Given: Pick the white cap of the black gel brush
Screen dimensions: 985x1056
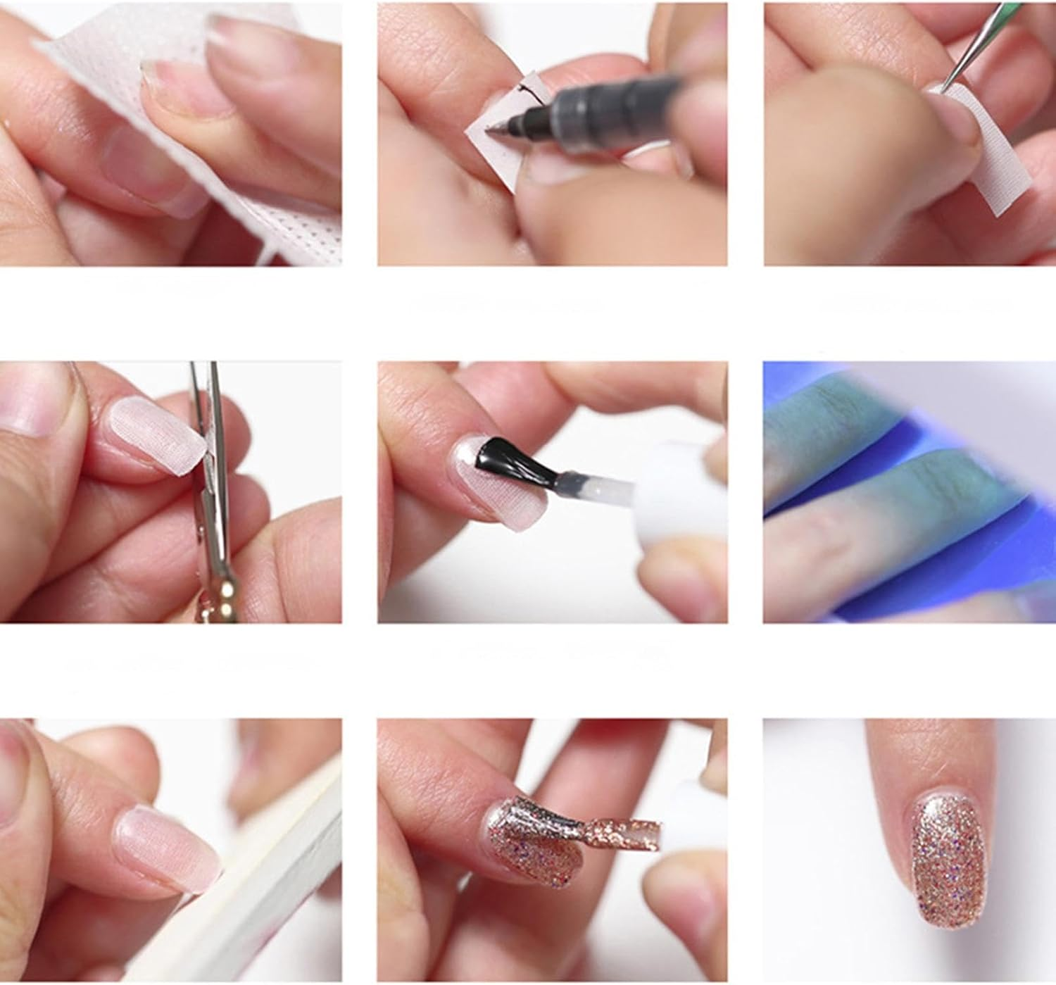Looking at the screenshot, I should point(669,486).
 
